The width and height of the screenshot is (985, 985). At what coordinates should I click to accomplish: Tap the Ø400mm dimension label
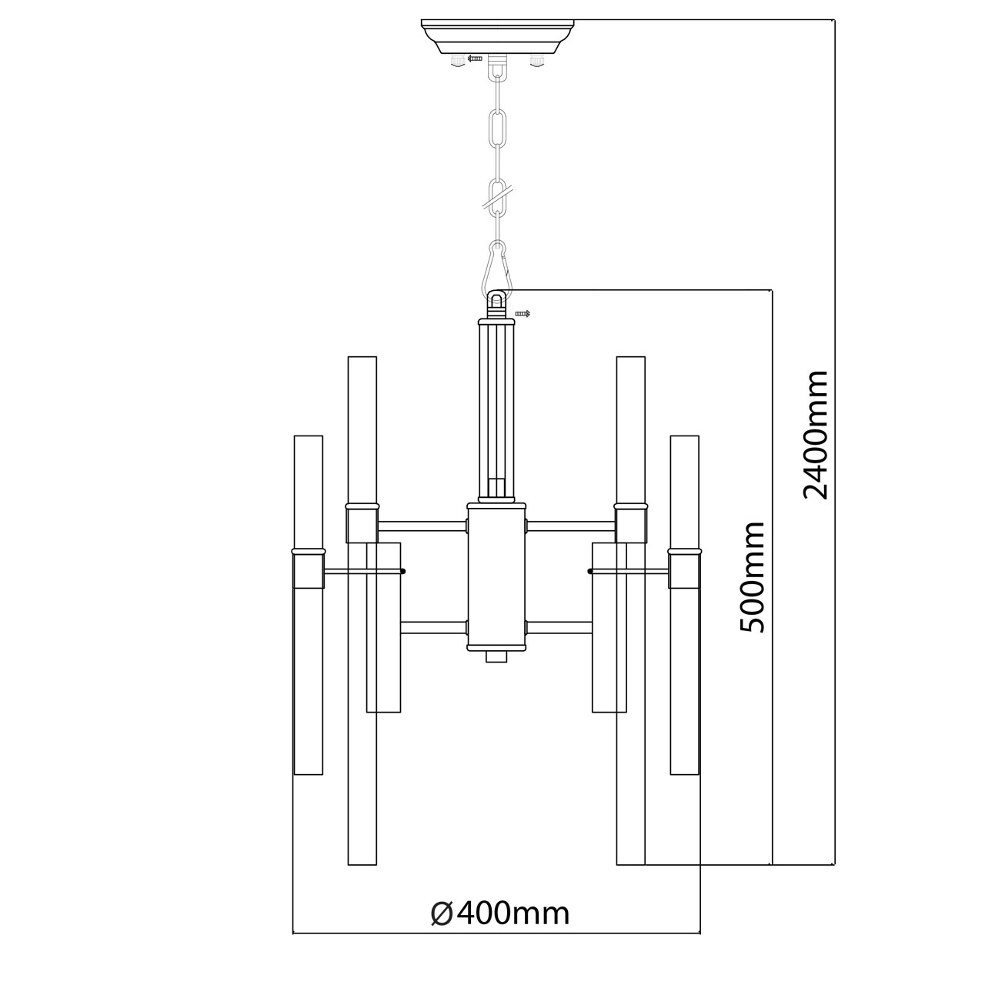coord(500,913)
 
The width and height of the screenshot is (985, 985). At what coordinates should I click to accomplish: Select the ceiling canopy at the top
coord(499,35)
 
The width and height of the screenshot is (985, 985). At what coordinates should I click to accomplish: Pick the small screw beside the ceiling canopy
coord(475,58)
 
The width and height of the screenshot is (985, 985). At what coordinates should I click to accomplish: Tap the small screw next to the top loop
coord(523,313)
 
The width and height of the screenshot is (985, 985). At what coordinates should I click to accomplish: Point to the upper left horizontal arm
coord(422,526)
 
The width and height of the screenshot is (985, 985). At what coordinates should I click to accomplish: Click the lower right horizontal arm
coord(558,627)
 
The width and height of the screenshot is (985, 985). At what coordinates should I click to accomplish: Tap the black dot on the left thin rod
coord(402,571)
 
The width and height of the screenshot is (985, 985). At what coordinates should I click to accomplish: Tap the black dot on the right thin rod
coord(590,571)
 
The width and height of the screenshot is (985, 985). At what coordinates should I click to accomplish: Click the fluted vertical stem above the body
coord(497,408)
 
